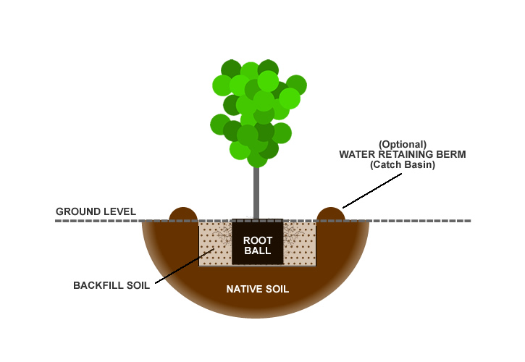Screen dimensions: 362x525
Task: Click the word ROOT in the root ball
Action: point(257,240)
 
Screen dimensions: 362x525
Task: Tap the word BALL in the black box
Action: point(257,251)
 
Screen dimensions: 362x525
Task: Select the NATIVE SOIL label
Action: point(257,289)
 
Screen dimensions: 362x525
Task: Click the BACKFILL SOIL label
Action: point(112,285)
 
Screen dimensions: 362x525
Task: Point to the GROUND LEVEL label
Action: point(96,211)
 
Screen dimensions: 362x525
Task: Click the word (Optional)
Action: point(402,143)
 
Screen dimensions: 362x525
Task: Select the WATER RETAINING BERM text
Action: point(402,154)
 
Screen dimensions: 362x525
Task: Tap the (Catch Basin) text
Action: point(402,165)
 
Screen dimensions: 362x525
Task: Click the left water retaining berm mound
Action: point(182,214)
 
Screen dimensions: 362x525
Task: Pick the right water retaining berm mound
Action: point(330,214)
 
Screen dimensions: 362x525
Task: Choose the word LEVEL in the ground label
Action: point(119,211)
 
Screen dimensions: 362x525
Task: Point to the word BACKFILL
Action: point(98,285)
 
